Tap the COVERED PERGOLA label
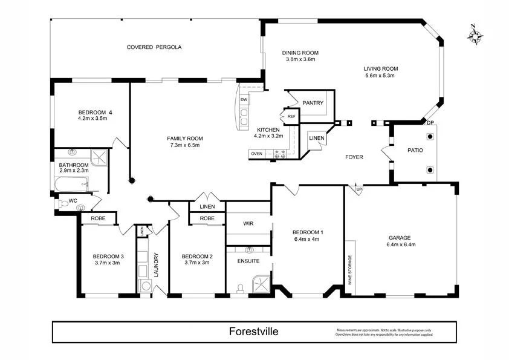tap(154, 47)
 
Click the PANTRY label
tap(313, 103)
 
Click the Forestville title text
tap(254, 332)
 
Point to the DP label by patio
tap(430, 123)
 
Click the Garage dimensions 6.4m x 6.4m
tap(401, 245)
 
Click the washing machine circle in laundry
tap(145, 286)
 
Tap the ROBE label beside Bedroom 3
tap(99, 218)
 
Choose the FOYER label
tap(354, 157)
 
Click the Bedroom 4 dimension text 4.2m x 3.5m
tap(92, 119)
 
